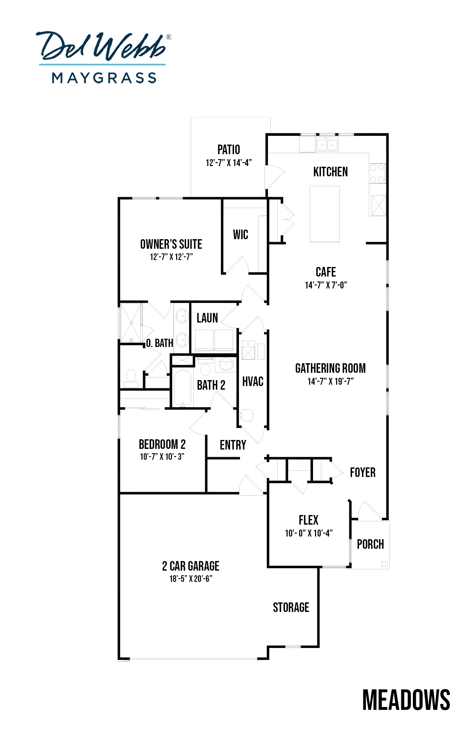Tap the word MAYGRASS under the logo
pos(104,78)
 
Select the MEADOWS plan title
pos(406,700)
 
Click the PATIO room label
pos(229,150)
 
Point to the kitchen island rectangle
pos(325,214)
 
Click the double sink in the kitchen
pos(327,145)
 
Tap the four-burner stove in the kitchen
pos(377,173)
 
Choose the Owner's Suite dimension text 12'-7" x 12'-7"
pos(171,257)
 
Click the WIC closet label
pos(240,235)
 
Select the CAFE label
pos(326,272)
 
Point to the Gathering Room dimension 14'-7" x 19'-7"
pos(331,381)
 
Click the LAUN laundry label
pos(207,318)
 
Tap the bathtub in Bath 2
pos(182,388)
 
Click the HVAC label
pos(253,381)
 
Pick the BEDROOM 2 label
pos(162,444)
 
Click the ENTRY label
pos(233,445)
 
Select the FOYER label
pos(363,472)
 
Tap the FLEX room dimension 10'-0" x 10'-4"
pos(309,533)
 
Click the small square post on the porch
pos(384,564)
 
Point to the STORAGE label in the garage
pos(291,607)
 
